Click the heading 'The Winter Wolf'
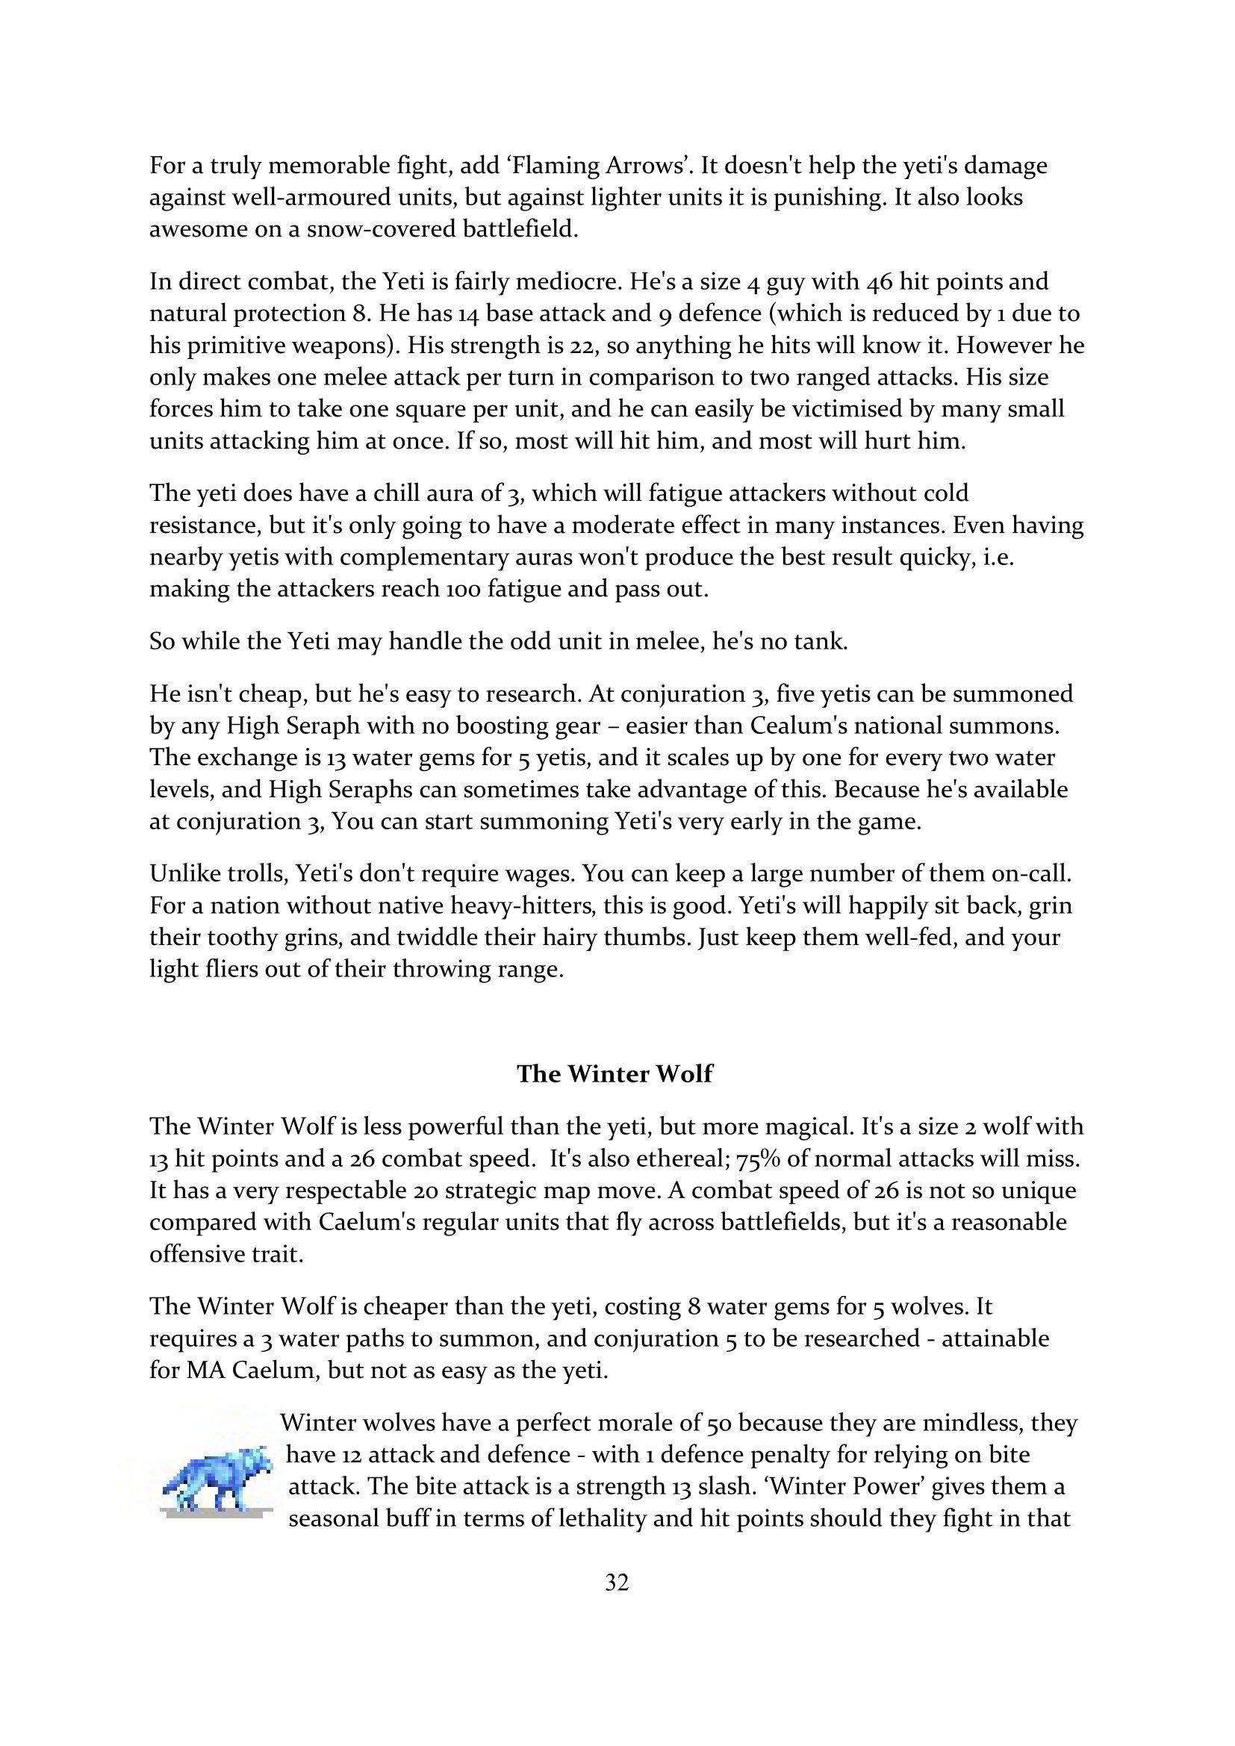(615, 1073)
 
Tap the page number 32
(617, 1583)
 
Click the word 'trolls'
(246, 874)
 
